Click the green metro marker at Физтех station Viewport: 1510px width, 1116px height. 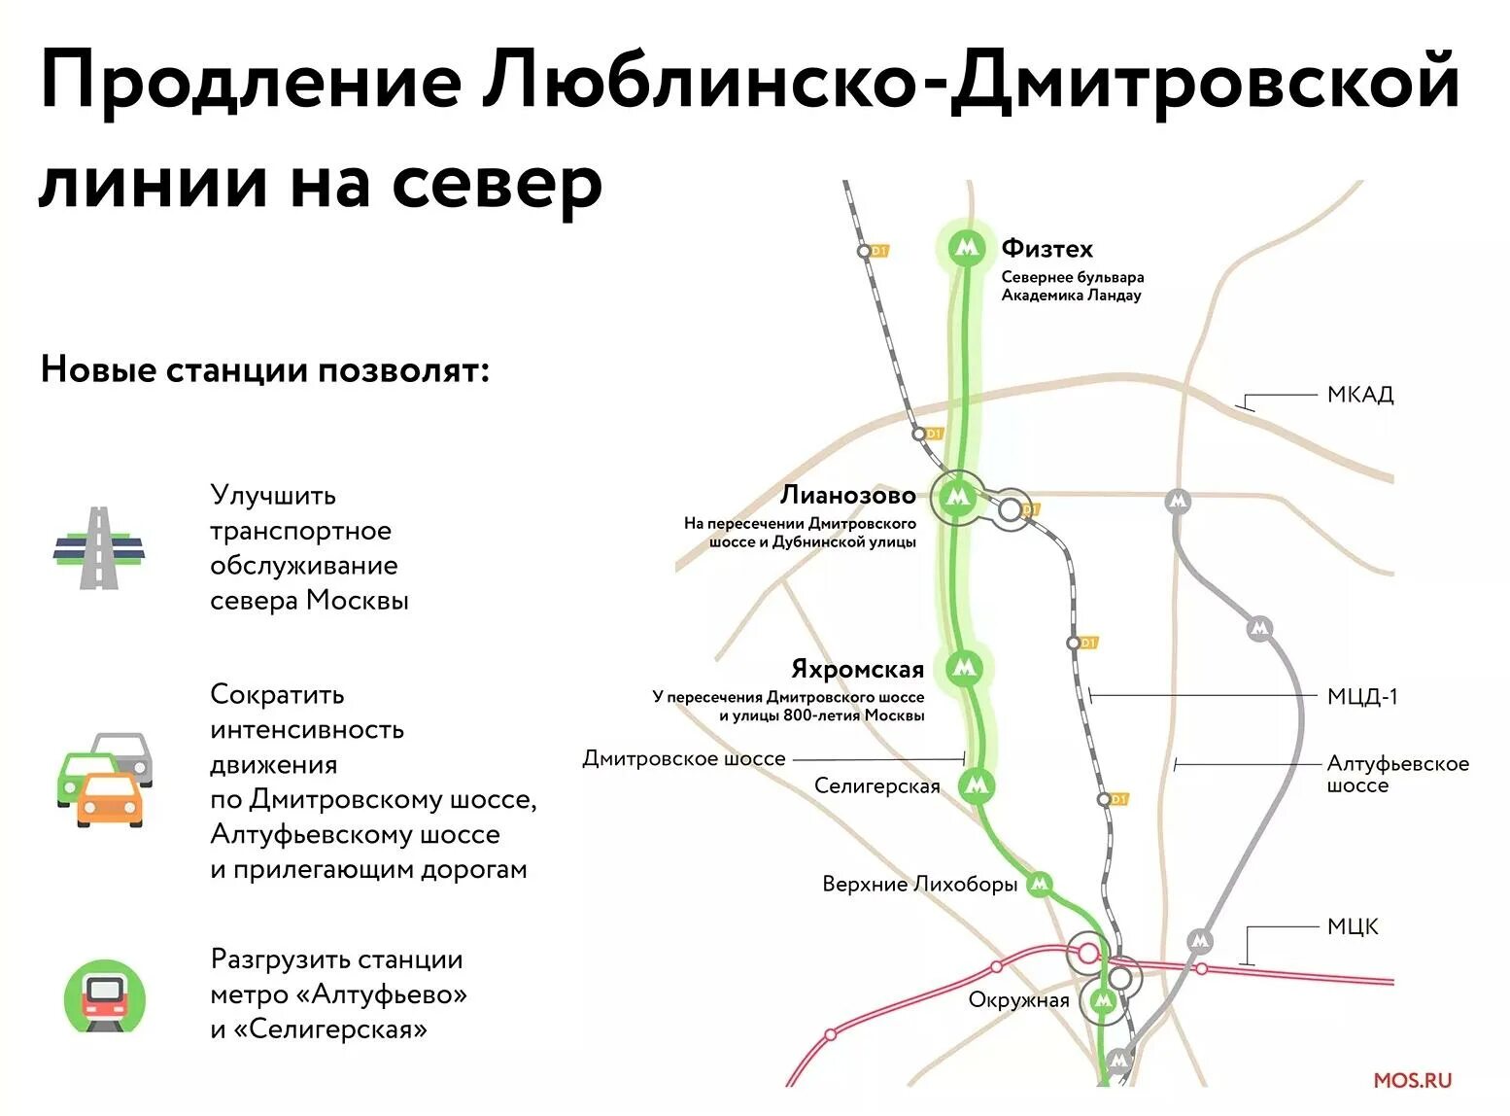966,249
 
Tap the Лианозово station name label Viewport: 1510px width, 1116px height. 847,496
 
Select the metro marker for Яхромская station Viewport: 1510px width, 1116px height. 964,668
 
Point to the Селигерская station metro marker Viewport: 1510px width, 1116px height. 977,784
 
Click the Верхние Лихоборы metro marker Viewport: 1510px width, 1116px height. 1040,884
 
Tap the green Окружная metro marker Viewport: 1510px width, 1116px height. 1103,1000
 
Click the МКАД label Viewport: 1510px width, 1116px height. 1359,395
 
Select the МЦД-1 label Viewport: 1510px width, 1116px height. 1361,696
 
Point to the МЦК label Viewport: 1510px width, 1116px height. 1353,926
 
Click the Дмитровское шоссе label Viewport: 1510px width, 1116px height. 683,758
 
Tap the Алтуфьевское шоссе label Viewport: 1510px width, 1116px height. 1397,774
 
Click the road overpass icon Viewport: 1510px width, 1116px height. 98,547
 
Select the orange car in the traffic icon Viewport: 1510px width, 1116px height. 109,798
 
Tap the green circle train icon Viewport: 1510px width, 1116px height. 104,996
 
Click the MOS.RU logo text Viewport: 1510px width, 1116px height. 1412,1080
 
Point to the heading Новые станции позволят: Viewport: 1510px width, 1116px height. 264,370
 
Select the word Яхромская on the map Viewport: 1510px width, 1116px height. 857,670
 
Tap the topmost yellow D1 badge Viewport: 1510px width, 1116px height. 879,251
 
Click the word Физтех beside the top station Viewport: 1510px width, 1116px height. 1047,249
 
